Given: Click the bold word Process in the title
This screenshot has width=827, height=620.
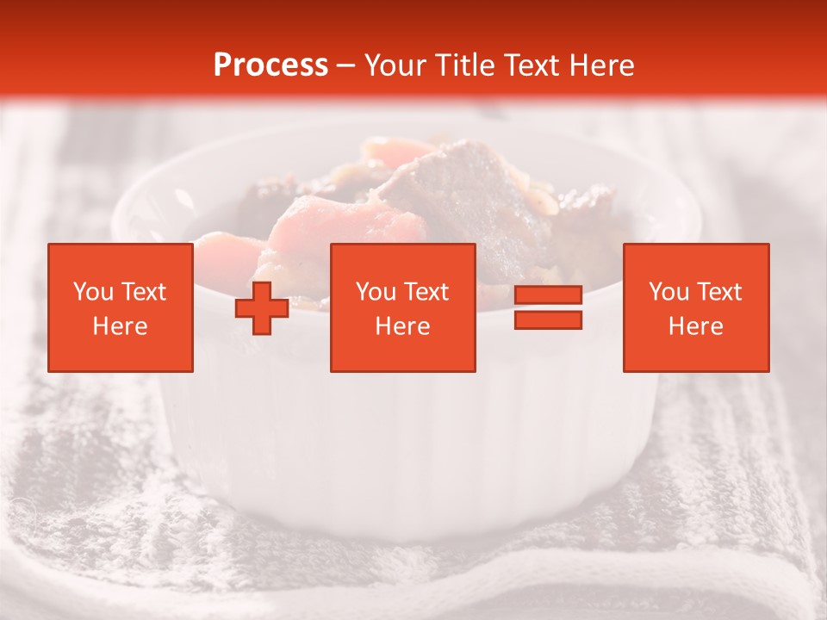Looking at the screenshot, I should pyautogui.click(x=270, y=65).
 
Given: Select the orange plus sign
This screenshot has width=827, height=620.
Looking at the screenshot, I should pyautogui.click(x=262, y=308).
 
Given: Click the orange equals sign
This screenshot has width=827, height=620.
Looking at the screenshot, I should pyautogui.click(x=548, y=308).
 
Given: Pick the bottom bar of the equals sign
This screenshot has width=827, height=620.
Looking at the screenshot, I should pyautogui.click(x=548, y=320).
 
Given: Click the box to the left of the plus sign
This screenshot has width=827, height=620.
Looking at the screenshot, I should pyautogui.click(x=120, y=307).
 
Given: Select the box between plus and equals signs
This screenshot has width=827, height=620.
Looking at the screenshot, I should pyautogui.click(x=402, y=307).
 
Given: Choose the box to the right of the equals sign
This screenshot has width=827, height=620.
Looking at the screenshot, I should pyautogui.click(x=695, y=307).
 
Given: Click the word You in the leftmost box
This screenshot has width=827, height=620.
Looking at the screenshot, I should pyautogui.click(x=92, y=292).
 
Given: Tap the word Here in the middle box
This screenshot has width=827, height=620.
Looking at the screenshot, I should pyautogui.click(x=402, y=326).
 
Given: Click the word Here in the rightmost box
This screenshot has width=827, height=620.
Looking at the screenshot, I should pyautogui.click(x=695, y=326).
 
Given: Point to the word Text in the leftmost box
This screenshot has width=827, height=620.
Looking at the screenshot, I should pyautogui.click(x=144, y=292).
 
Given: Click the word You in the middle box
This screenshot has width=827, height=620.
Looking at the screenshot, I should pyautogui.click(x=376, y=292).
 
